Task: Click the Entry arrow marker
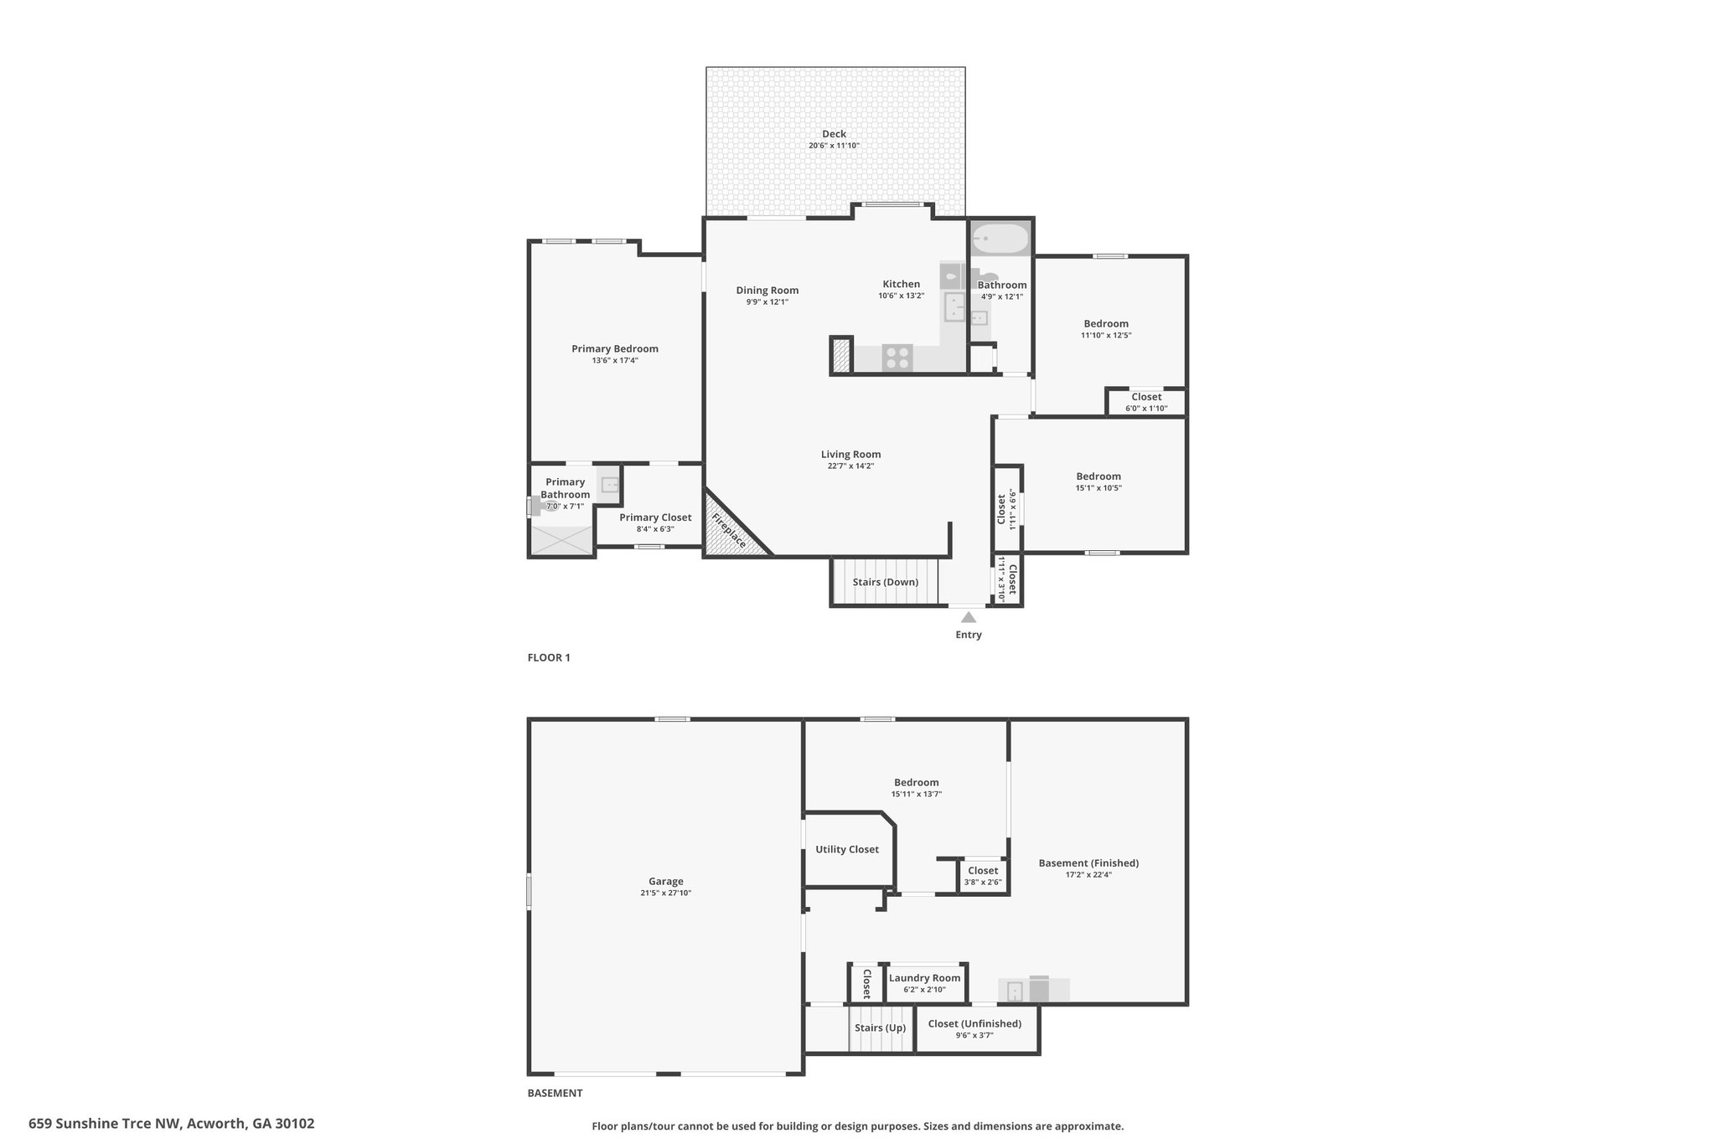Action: tap(969, 617)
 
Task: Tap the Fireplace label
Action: tap(729, 531)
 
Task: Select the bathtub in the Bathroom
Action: tap(1000, 239)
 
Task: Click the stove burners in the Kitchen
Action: tap(897, 358)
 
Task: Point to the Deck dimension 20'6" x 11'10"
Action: tap(834, 146)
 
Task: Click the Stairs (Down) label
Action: tap(886, 582)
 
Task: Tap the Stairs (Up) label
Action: tap(880, 1027)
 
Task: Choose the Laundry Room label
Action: tap(924, 978)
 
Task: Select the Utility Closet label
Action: tap(847, 849)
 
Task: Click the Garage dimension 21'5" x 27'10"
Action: tap(665, 893)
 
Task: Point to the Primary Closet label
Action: tap(655, 517)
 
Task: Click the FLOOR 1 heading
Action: tap(549, 657)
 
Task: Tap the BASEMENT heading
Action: tap(555, 1093)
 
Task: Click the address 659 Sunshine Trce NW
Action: tap(105, 1124)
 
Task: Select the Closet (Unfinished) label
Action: tap(974, 1023)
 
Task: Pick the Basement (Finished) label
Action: tap(1088, 862)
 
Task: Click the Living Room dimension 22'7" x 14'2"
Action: tap(850, 466)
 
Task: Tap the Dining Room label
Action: tap(768, 290)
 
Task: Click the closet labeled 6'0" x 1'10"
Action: tap(1146, 402)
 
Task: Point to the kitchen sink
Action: tap(954, 306)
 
